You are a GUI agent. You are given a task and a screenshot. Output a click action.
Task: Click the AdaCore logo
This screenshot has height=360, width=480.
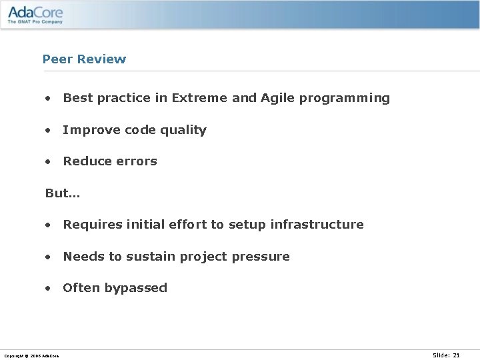point(36,12)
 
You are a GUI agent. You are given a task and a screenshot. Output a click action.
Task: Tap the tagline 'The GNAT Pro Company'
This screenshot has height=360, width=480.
point(35,22)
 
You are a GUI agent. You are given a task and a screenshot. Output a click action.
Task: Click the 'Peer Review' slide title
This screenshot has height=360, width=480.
point(84,59)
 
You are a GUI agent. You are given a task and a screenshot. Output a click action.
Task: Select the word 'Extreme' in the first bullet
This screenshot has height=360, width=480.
point(199,98)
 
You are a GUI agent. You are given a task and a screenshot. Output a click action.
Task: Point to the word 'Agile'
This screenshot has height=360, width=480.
point(278,99)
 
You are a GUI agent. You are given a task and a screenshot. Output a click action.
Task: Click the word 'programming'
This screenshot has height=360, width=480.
point(345,99)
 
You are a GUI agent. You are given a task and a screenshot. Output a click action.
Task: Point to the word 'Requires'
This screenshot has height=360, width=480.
point(89,225)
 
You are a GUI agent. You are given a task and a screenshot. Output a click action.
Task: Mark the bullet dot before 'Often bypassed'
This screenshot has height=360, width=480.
point(48,289)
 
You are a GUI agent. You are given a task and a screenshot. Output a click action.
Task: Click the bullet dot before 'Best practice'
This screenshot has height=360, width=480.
point(48,99)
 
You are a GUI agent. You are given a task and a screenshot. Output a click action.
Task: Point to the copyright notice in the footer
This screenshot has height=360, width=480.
point(31,356)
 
